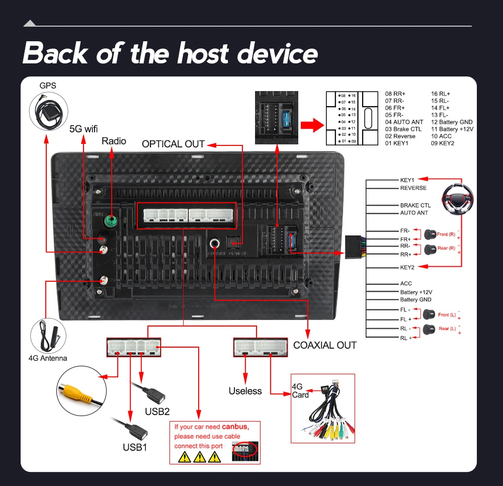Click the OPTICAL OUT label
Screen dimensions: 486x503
pos(173,144)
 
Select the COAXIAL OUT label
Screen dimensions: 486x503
pos(324,345)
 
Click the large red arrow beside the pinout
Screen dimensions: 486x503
pos(310,125)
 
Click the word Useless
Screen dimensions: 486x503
pos(245,391)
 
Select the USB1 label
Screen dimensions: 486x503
pos(135,447)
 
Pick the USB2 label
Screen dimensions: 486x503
pos(157,411)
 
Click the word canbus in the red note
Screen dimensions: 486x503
pos(235,427)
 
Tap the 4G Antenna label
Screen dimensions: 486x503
pos(47,358)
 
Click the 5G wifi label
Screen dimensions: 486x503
pos(83,128)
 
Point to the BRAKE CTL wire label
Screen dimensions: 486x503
pos(415,205)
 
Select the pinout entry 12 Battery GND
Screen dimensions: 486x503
pos(452,122)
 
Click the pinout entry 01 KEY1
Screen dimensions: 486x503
pos(396,143)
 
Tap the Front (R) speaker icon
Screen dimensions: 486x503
pos(430,234)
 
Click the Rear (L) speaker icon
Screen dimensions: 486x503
pos(429,329)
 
